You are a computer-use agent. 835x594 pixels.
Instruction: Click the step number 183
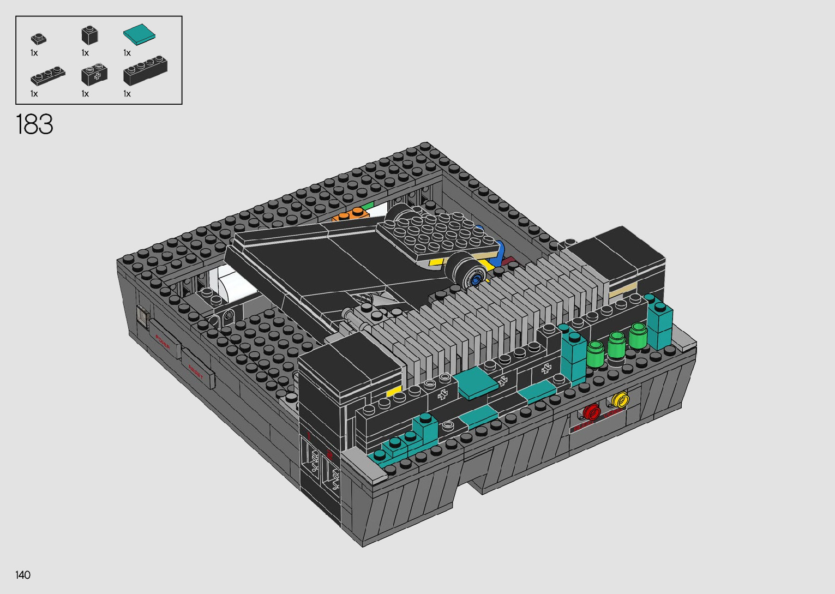(x=35, y=124)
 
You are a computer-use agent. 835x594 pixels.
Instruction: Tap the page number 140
(x=23, y=575)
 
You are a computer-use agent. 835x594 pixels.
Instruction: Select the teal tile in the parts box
(x=139, y=35)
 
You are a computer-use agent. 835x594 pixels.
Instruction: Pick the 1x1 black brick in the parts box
(x=89, y=35)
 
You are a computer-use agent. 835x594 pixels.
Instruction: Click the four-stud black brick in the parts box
(x=145, y=70)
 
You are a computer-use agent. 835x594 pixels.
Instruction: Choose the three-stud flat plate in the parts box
(x=47, y=76)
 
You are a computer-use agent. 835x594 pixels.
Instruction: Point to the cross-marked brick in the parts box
(x=94, y=75)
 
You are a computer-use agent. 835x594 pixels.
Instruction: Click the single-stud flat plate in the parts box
(x=38, y=39)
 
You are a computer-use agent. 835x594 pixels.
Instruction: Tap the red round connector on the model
(x=591, y=412)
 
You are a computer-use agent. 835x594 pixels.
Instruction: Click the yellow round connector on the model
(x=620, y=401)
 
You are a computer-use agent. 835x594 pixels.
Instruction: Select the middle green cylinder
(x=616, y=345)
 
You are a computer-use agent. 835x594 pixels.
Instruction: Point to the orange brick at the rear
(x=350, y=215)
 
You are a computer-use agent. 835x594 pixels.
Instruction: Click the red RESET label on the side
(x=195, y=371)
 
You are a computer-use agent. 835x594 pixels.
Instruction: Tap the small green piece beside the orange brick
(x=369, y=206)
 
